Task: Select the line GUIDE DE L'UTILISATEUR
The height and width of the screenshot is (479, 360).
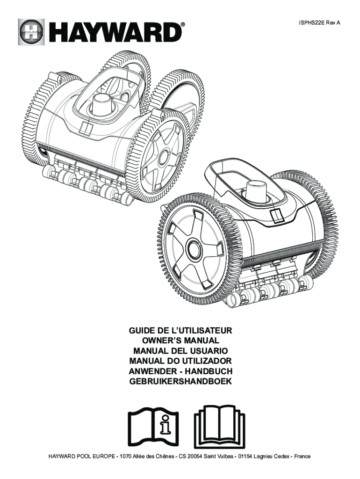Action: [180, 330]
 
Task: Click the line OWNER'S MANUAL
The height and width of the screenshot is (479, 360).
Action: [180, 341]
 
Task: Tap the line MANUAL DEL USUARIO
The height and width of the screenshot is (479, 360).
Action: [180, 351]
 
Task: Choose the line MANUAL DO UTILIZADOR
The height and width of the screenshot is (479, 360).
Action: [180, 361]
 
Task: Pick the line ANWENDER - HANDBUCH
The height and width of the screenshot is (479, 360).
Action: [180, 371]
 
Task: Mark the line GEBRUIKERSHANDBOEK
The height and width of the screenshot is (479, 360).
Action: [180, 382]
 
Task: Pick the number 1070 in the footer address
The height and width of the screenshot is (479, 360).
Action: [128, 456]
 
